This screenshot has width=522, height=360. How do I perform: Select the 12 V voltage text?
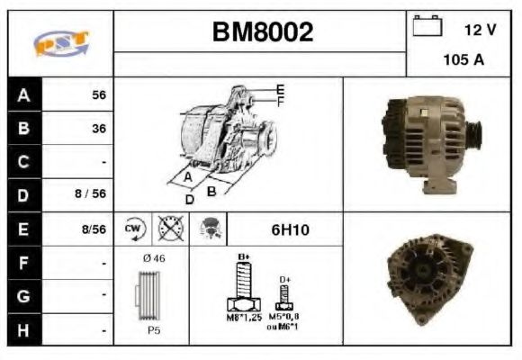[x=480, y=30]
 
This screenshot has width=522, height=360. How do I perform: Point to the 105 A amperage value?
[x=463, y=61]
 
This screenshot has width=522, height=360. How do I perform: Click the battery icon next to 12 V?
[x=426, y=27]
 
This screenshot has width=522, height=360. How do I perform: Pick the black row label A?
[x=24, y=94]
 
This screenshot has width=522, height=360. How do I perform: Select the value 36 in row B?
[x=98, y=129]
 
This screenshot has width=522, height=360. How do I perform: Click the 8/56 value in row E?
[x=93, y=229]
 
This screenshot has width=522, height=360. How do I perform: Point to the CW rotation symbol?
[x=133, y=229]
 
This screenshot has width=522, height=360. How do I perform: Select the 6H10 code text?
[x=290, y=229]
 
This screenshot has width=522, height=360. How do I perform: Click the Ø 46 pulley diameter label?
[x=153, y=259]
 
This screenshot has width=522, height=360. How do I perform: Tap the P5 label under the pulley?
[x=154, y=330]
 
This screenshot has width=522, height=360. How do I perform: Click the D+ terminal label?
[x=285, y=279]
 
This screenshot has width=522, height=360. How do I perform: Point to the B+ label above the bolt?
[x=242, y=257]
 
